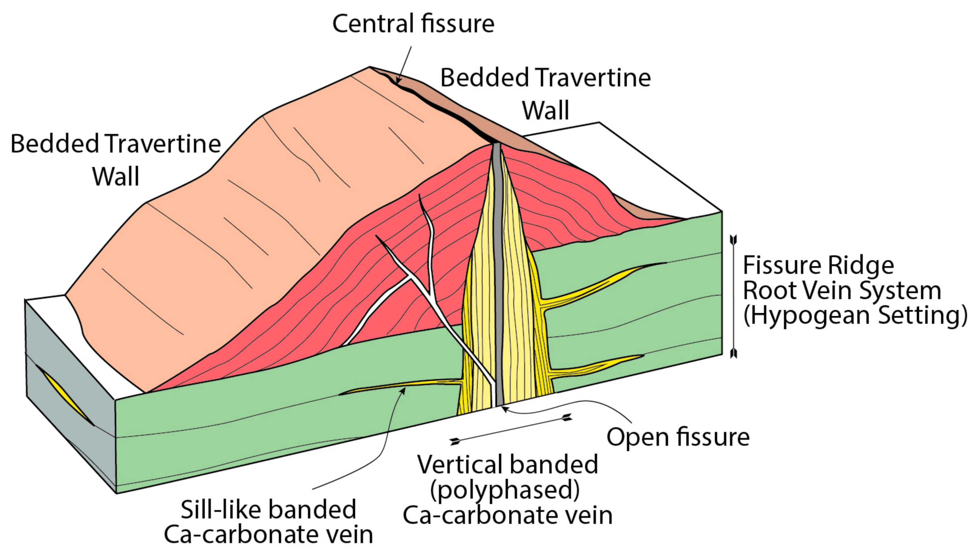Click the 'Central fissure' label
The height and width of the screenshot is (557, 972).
click(413, 24)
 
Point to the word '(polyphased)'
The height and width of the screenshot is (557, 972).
click(505, 489)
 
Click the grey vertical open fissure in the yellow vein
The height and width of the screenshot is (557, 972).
click(498, 268)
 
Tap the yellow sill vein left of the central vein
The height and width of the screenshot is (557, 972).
click(401, 386)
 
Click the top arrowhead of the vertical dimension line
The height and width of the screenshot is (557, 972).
click(733, 240)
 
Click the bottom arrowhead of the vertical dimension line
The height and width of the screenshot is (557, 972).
click(733, 353)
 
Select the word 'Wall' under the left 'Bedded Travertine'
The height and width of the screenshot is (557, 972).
click(115, 177)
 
